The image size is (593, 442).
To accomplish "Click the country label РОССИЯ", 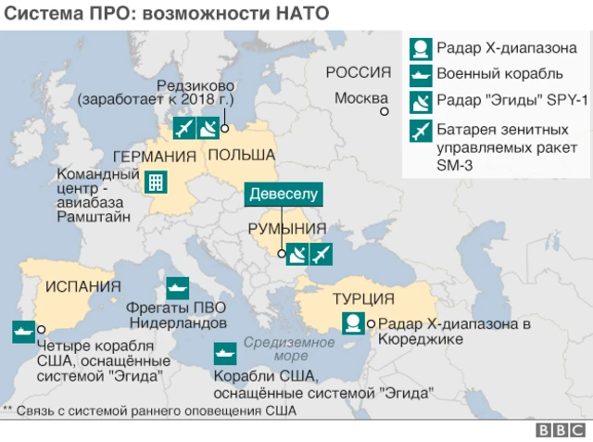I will pyautogui.click(x=359, y=74).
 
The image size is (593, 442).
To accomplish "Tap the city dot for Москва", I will pyautogui.click(x=383, y=111).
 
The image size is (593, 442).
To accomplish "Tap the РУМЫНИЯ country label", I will pyautogui.click(x=287, y=229).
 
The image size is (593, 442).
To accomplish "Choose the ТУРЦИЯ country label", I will pyautogui.click(x=363, y=298).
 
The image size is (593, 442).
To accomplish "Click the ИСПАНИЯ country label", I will pyautogui.click(x=79, y=285).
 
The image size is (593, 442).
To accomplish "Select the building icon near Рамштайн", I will pyautogui.click(x=156, y=182).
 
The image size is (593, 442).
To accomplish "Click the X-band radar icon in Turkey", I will pyautogui.click(x=352, y=323).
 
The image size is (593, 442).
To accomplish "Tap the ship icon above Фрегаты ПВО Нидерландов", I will pyautogui.click(x=177, y=286).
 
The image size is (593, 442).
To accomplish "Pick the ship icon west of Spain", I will pyautogui.click(x=22, y=329).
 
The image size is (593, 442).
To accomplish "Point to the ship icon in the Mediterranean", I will pyautogui.click(x=224, y=353).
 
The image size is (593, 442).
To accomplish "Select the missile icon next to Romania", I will pyautogui.click(x=322, y=253).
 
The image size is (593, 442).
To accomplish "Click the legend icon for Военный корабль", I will pyautogui.click(x=421, y=73).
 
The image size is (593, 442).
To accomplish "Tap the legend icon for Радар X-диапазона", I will pyautogui.click(x=421, y=48).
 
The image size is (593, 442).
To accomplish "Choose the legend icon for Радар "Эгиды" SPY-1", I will pyautogui.click(x=421, y=99).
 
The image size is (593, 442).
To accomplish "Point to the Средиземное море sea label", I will pyautogui.click(x=276, y=348).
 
